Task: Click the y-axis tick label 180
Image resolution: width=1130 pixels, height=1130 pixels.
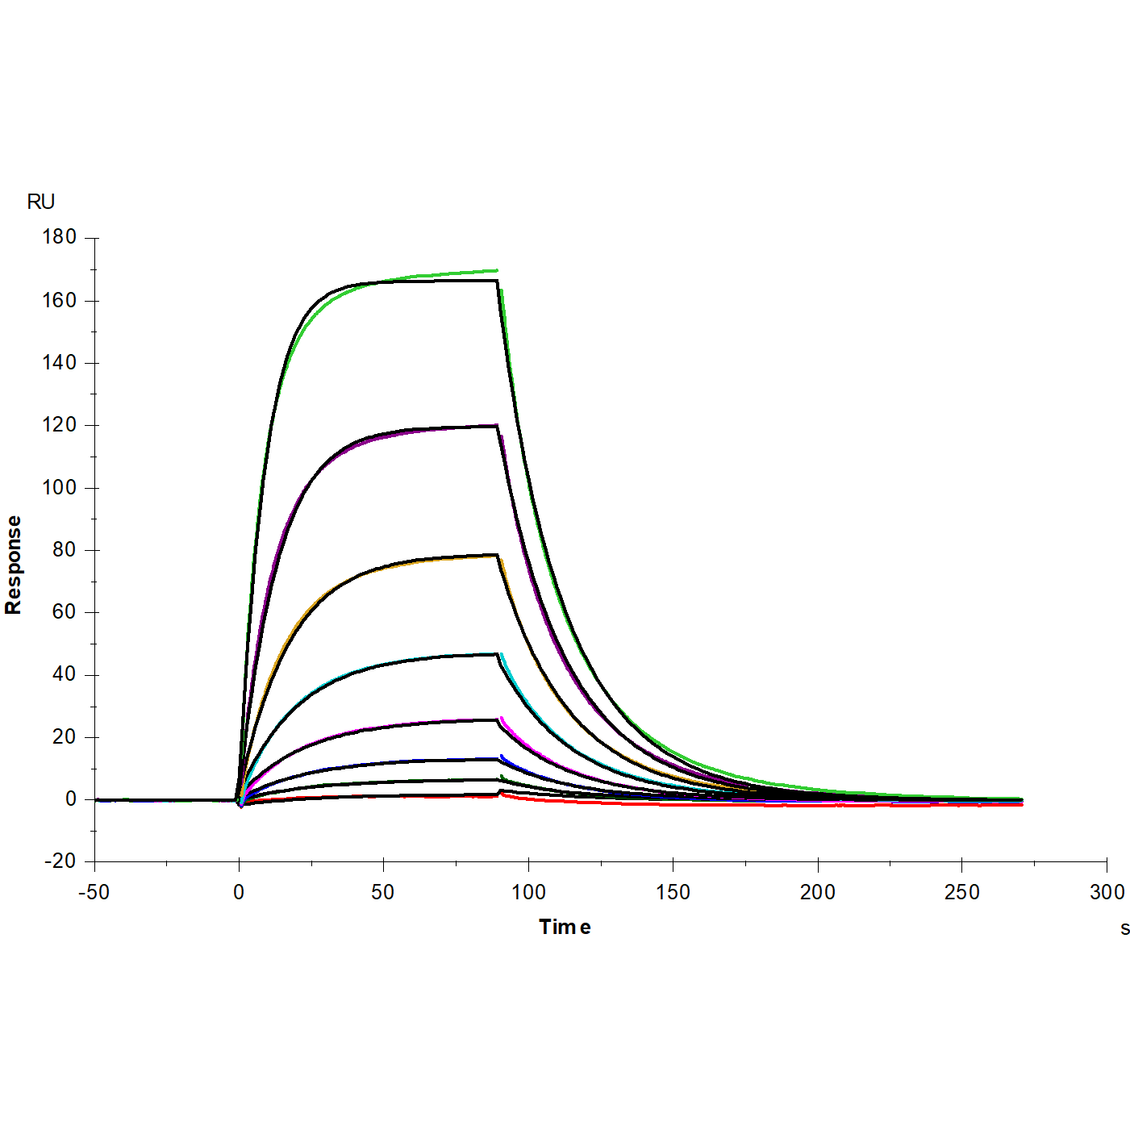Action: coord(59,237)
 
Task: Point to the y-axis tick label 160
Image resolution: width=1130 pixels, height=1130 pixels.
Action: coord(59,300)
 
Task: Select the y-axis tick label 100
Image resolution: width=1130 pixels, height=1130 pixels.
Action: coord(59,487)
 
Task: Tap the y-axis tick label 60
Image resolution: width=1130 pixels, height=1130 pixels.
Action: coord(64,612)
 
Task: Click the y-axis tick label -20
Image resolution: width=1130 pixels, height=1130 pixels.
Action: coord(59,861)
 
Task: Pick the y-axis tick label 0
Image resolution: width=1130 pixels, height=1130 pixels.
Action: coord(70,799)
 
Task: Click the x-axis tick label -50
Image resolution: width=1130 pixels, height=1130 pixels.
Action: coord(94,892)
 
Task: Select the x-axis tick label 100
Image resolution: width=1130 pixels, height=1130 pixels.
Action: coord(528,892)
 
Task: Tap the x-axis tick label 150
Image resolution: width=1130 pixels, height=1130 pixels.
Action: coord(673,892)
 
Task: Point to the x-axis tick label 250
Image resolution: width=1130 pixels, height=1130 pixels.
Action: coord(961,892)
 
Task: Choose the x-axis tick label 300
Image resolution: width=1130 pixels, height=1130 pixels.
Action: coord(1107,892)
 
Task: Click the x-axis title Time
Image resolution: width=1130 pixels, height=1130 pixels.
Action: coord(565,928)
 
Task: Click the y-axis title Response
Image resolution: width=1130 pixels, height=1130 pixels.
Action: coord(14,565)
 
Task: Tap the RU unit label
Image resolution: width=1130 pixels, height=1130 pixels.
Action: coord(41,202)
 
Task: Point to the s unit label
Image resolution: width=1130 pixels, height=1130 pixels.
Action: coord(1124,928)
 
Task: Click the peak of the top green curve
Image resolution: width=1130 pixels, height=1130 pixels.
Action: coord(496,270)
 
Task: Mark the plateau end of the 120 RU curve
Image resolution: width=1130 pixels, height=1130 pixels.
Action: coord(496,425)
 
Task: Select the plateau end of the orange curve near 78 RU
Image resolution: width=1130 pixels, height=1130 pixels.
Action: coord(496,555)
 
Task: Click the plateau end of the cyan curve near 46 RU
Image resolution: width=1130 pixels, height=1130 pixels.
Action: coord(497,654)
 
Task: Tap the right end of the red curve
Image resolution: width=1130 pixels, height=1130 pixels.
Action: coord(1021,804)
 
